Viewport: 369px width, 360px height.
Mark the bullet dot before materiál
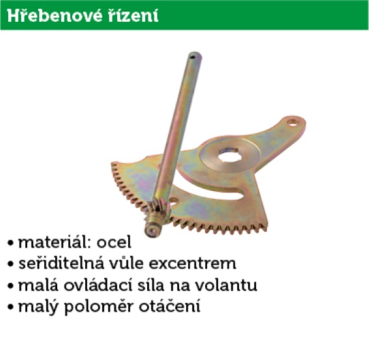coord(10,243)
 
